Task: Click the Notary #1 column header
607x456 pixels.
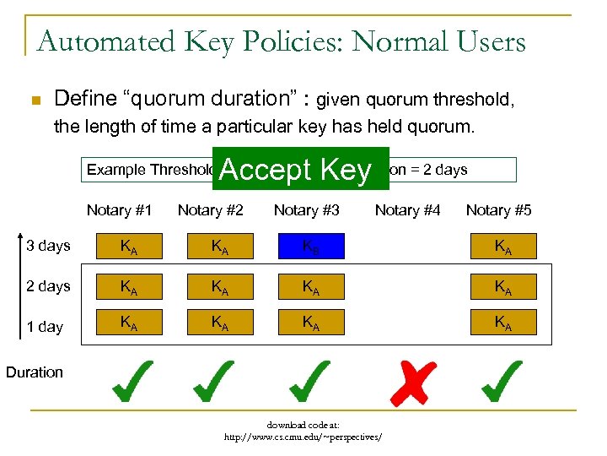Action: coord(120,210)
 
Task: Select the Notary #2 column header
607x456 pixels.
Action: coord(210,210)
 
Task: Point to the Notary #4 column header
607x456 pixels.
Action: coord(407,210)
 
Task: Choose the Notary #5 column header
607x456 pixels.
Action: coord(498,210)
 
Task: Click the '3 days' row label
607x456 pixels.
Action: coord(48,247)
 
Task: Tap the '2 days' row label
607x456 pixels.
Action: coord(48,286)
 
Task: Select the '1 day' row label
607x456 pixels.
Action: coord(45,326)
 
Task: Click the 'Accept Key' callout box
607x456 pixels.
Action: coord(295,170)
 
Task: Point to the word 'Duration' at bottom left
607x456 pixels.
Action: coord(35,372)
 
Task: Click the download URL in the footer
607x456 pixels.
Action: coord(303,437)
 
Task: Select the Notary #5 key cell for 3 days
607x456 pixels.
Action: coord(503,247)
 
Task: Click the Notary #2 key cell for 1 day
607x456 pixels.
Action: coord(220,322)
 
